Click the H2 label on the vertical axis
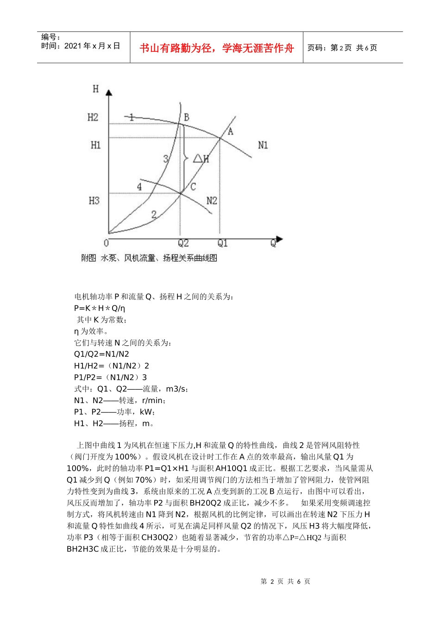click(x=93, y=117)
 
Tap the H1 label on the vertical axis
click(x=95, y=145)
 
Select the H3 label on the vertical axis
click(x=94, y=200)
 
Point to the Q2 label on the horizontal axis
click(x=183, y=243)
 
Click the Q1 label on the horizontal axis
click(x=223, y=243)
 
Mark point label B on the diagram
click(x=186, y=117)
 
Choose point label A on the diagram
click(x=230, y=131)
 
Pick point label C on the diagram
click(x=193, y=187)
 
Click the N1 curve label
click(x=263, y=145)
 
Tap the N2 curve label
click(x=212, y=200)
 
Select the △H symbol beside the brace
click(x=201, y=159)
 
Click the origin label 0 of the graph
click(x=106, y=243)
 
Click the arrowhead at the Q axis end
click(x=279, y=240)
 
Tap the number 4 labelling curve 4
click(x=139, y=187)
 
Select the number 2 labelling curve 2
click(x=154, y=214)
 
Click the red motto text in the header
click(x=217, y=48)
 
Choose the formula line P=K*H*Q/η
click(x=100, y=308)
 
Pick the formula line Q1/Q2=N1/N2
click(x=101, y=354)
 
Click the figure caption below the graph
click(x=149, y=258)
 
